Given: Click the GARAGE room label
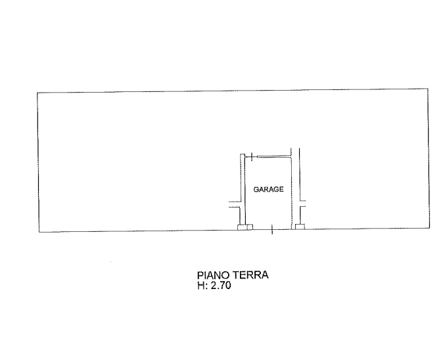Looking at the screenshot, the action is tap(268, 189).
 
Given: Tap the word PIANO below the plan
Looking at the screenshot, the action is tap(214, 275).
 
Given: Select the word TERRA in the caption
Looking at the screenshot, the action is tap(250, 275).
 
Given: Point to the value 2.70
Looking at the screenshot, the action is tap(221, 285).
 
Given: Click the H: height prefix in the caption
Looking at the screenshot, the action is tap(202, 285).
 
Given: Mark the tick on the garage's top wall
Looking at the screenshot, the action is tap(252, 156).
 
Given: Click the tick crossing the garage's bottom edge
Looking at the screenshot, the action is tap(272, 229).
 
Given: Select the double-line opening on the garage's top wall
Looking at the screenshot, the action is tap(274, 156).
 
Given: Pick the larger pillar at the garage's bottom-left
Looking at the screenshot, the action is tap(242, 227).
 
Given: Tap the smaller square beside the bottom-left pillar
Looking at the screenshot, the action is tap(250, 227).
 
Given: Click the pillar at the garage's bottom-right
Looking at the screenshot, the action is tap(300, 227).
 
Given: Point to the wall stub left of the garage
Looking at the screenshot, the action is tap(235, 204).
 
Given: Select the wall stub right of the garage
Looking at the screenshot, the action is tap(302, 204).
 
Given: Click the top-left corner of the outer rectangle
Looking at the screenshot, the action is tap(37, 93).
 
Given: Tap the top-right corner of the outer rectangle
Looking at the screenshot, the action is tap(428, 89).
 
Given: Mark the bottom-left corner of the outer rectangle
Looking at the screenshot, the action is tap(39, 232).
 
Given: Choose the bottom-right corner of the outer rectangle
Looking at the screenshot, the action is tap(429, 228).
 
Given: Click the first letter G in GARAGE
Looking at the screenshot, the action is tap(256, 189).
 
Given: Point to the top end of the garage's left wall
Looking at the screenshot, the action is tap(243, 154).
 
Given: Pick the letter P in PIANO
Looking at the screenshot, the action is tap(200, 275).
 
